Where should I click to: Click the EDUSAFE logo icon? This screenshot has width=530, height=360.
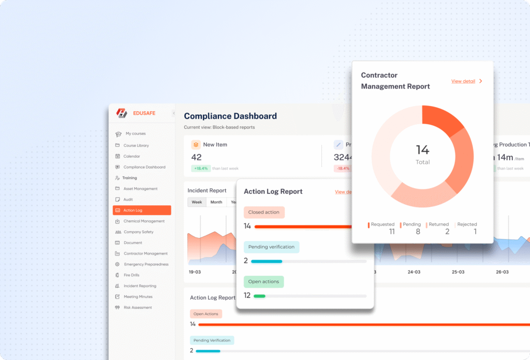pos(122,113)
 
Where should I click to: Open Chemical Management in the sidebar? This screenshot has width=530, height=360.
pos(144,221)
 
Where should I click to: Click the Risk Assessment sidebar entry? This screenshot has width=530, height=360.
pos(138,308)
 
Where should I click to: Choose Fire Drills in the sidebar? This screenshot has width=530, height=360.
pos(131,275)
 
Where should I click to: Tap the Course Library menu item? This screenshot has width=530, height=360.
pos(136,146)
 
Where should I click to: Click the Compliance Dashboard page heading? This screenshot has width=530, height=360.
pos(230,116)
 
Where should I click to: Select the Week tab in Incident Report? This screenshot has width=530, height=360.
pos(197,202)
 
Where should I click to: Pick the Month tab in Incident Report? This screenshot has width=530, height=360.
pos(216,202)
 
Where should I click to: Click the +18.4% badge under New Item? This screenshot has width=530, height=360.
pos(200,169)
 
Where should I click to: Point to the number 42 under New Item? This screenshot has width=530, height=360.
pos(197,157)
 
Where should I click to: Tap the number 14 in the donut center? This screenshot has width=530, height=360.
pos(422,150)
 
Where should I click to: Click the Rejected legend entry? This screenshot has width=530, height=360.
pos(466,224)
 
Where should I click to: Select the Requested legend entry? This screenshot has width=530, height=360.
pos(382,224)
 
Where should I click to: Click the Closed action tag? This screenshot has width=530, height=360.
pos(264,213)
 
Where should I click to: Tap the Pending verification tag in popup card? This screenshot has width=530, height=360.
pos(271,247)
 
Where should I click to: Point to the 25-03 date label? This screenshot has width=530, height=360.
pos(458,272)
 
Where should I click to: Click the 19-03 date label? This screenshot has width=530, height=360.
pos(195,272)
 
